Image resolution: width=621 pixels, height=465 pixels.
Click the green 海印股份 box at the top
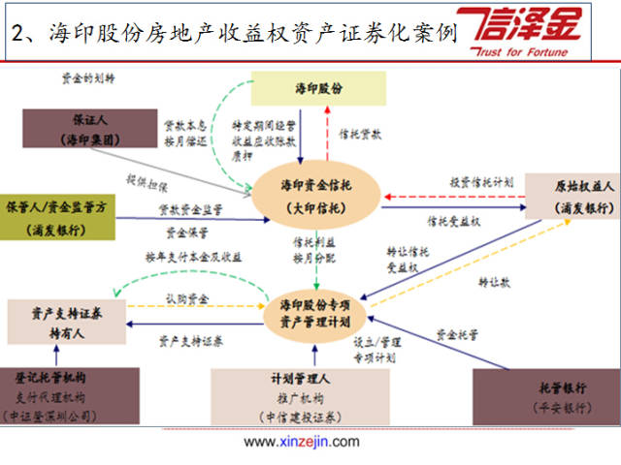318,88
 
